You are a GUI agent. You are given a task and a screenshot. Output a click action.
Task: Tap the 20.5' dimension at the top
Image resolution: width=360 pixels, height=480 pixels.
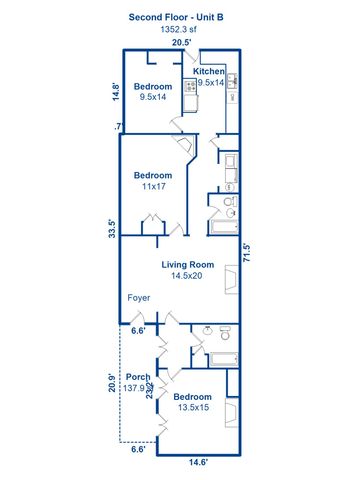[181, 43]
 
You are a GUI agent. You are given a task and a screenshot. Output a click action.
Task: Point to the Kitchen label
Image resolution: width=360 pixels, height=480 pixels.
[209, 72]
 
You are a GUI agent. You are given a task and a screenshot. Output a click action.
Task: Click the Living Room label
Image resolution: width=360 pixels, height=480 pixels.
[189, 264]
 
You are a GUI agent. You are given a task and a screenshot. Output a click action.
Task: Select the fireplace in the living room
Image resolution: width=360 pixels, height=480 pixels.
[231, 277]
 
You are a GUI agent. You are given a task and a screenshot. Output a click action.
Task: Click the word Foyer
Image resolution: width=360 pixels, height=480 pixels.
[138, 298]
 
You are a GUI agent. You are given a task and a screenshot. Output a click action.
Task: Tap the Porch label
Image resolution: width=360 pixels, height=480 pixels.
[137, 377]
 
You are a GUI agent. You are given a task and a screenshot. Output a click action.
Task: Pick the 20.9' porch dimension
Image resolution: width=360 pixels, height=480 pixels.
[113, 384]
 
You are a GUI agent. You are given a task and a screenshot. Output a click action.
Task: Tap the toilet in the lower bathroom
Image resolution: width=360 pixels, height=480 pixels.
[225, 331]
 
